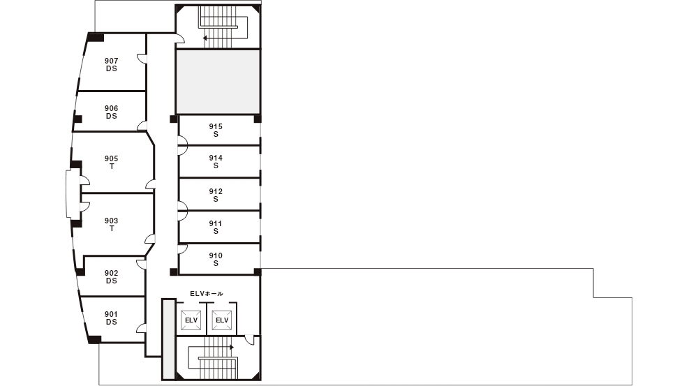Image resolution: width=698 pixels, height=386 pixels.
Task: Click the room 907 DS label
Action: coord(111,64)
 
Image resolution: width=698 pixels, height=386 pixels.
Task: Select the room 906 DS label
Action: coord(111,112)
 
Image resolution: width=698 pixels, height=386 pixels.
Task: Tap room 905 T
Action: coord(111,163)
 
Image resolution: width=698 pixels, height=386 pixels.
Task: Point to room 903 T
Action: coord(111,224)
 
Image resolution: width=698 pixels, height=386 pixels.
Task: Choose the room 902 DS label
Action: coord(111,277)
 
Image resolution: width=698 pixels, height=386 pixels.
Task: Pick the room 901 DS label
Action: coord(111,318)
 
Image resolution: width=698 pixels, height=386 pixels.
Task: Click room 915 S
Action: coord(216,130)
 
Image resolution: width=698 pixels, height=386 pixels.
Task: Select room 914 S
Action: coord(216,162)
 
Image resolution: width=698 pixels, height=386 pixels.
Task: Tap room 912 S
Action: coord(216,195)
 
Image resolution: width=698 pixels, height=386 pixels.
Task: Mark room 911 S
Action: coord(216,227)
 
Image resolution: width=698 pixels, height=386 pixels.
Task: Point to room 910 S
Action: coord(216,259)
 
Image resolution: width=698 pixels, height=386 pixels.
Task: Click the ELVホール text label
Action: coord(207,294)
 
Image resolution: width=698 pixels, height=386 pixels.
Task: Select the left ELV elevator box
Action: coord(191,320)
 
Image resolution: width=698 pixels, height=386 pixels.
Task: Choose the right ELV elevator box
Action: coord(222,320)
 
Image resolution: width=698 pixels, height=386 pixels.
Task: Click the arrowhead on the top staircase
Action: coord(205,38)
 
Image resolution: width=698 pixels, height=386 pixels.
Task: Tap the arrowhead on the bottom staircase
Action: coord(232,348)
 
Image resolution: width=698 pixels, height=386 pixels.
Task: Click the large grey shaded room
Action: coord(218,82)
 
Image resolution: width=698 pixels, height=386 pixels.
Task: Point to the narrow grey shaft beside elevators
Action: coord(169,339)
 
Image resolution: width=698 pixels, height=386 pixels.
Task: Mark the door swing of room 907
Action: coord(141,59)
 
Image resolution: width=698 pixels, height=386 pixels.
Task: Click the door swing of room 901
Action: coord(141,329)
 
